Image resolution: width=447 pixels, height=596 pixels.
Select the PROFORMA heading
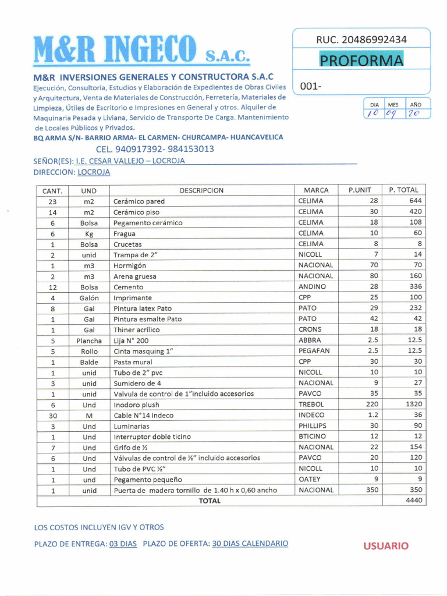pyautogui.click(x=361, y=61)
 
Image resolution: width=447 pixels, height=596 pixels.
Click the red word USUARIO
pyautogui.click(x=386, y=546)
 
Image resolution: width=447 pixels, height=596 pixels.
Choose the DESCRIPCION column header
pyautogui.click(x=201, y=190)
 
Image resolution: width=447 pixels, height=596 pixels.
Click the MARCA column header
pyautogui.click(x=316, y=190)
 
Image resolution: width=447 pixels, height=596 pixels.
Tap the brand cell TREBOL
pyautogui.click(x=311, y=405)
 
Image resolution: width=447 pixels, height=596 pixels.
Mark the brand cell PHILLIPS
pyautogui.click(x=313, y=426)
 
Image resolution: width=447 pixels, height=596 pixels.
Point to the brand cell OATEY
pyautogui.click(x=310, y=479)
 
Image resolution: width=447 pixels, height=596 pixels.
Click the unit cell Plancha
pyautogui.click(x=89, y=340)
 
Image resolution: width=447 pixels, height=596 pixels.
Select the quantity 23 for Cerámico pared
pyautogui.click(x=52, y=201)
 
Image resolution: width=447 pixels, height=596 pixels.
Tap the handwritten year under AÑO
pyautogui.click(x=413, y=114)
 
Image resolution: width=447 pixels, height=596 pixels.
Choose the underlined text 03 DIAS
pyautogui.click(x=123, y=544)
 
